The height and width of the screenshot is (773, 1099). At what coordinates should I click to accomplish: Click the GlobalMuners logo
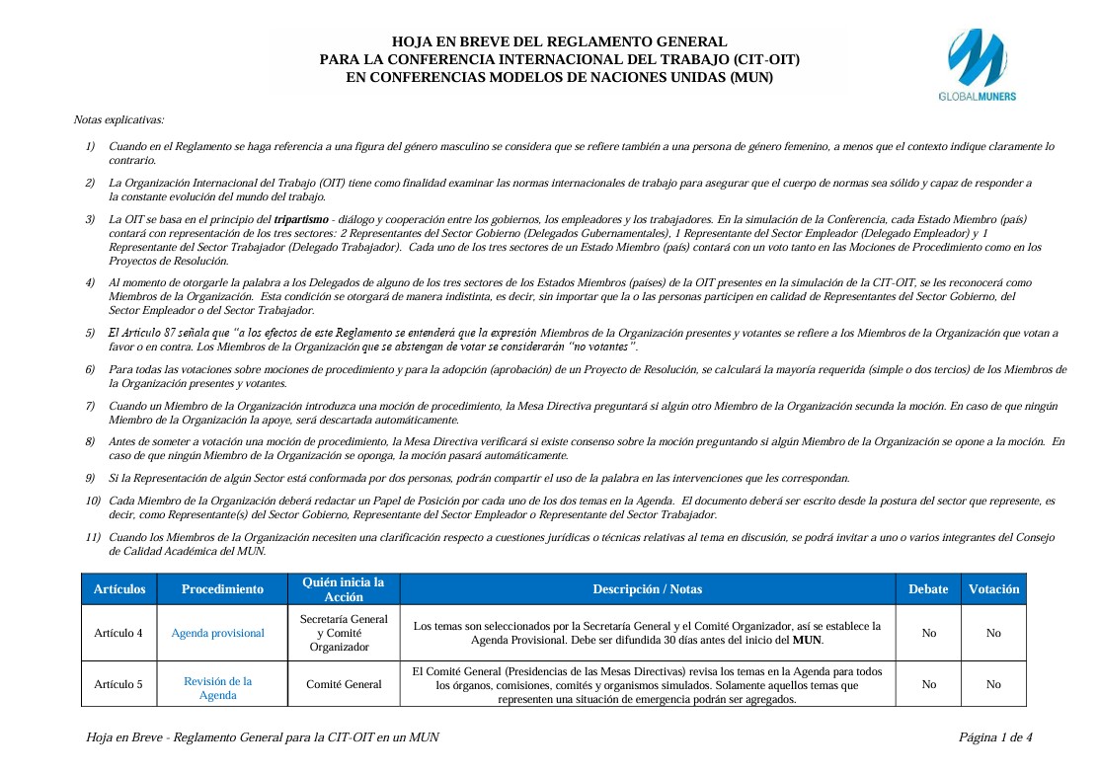coord(976,64)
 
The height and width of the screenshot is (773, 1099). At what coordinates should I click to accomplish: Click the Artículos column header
coord(119,589)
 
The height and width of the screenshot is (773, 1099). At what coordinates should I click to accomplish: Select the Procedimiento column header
coord(222,589)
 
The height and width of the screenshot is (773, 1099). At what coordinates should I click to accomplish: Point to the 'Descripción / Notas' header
coord(647,589)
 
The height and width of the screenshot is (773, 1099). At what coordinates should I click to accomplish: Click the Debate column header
coord(928,589)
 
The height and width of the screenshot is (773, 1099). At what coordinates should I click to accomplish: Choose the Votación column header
coord(993,589)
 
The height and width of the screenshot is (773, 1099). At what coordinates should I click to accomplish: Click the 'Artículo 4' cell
coord(118,633)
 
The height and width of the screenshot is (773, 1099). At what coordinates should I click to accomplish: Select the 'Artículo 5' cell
coord(118,684)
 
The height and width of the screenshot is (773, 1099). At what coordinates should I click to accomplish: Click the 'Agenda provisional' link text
coord(217,633)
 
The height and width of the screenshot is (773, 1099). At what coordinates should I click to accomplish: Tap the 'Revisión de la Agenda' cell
coord(218,688)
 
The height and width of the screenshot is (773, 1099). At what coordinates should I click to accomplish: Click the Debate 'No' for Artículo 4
coord(928,633)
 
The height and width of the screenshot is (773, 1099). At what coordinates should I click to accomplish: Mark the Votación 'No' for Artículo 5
coord(993,684)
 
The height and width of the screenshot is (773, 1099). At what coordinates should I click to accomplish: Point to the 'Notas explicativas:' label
coord(119,119)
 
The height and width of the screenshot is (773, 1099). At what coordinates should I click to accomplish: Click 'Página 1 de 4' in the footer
coord(995,737)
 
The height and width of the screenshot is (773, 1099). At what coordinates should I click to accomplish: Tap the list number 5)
coord(90,333)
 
